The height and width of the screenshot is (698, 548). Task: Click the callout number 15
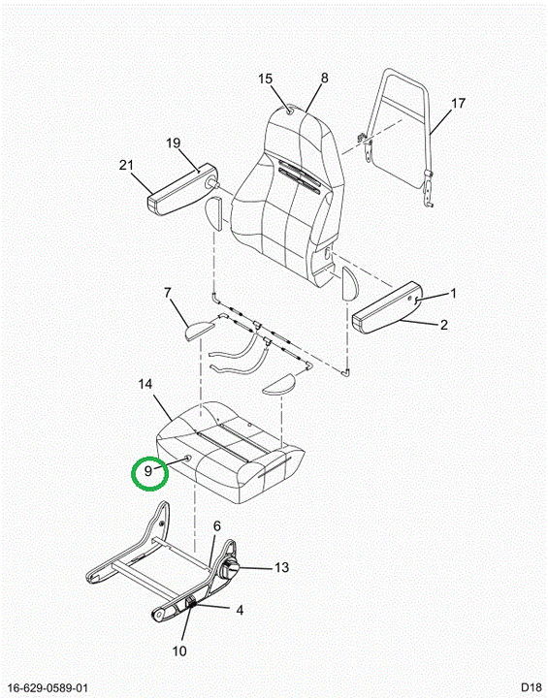coord(265,79)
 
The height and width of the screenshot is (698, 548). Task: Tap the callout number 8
coord(324,78)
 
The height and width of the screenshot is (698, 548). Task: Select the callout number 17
coord(458,104)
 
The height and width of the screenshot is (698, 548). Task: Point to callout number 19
coord(174,143)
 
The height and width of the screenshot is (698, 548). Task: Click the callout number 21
coord(126,165)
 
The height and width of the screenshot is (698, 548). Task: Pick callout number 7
coord(168,293)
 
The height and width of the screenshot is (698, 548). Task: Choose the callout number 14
coord(145,384)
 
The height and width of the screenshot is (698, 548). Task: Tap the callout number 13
coord(281,567)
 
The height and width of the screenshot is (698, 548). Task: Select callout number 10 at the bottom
coord(179,651)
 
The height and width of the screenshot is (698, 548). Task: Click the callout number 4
coord(240,610)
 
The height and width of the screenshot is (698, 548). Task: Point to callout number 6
coord(217,526)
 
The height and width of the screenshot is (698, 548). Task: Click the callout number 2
coord(444,325)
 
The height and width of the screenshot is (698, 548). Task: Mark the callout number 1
coord(453,294)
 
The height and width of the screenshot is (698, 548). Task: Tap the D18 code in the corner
coord(532,687)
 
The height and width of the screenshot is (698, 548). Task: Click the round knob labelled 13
coord(230,570)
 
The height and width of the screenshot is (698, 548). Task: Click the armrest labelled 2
coord(385,307)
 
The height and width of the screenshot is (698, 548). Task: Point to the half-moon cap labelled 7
coord(199,330)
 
